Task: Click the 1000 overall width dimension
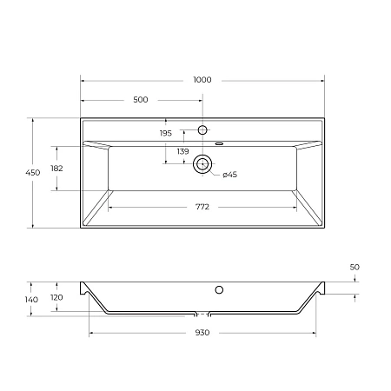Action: [x=202, y=79]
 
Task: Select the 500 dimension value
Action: [x=141, y=100]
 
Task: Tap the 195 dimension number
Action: [x=165, y=133]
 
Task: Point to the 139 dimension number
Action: [x=182, y=152]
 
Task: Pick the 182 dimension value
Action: [x=56, y=168]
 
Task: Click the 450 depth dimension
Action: [x=33, y=174]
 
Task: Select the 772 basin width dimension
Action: [x=202, y=207]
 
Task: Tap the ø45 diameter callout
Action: [x=229, y=175]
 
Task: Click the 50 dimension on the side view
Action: [x=354, y=268]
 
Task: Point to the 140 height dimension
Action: [x=31, y=299]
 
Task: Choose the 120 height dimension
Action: [x=57, y=296]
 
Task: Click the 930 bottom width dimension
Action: [x=202, y=334]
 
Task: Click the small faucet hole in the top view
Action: [x=202, y=129]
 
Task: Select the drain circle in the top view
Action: [x=202, y=162]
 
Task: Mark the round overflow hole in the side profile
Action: [x=219, y=289]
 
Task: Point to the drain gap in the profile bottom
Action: [x=202, y=312]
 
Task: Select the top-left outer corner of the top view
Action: [x=81, y=119]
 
